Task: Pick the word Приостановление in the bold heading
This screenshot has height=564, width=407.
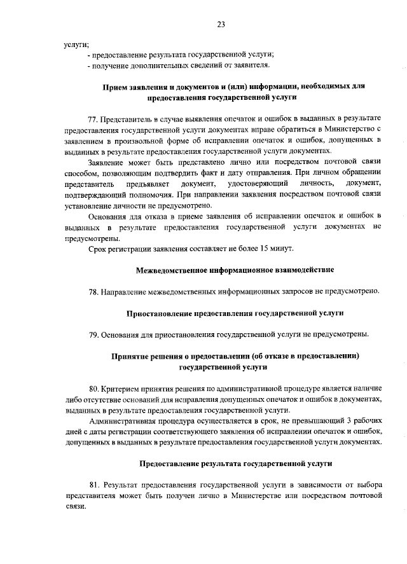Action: click(159, 313)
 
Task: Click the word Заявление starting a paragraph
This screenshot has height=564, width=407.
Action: click(107, 162)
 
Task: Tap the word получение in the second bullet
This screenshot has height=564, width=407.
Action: click(111, 65)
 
